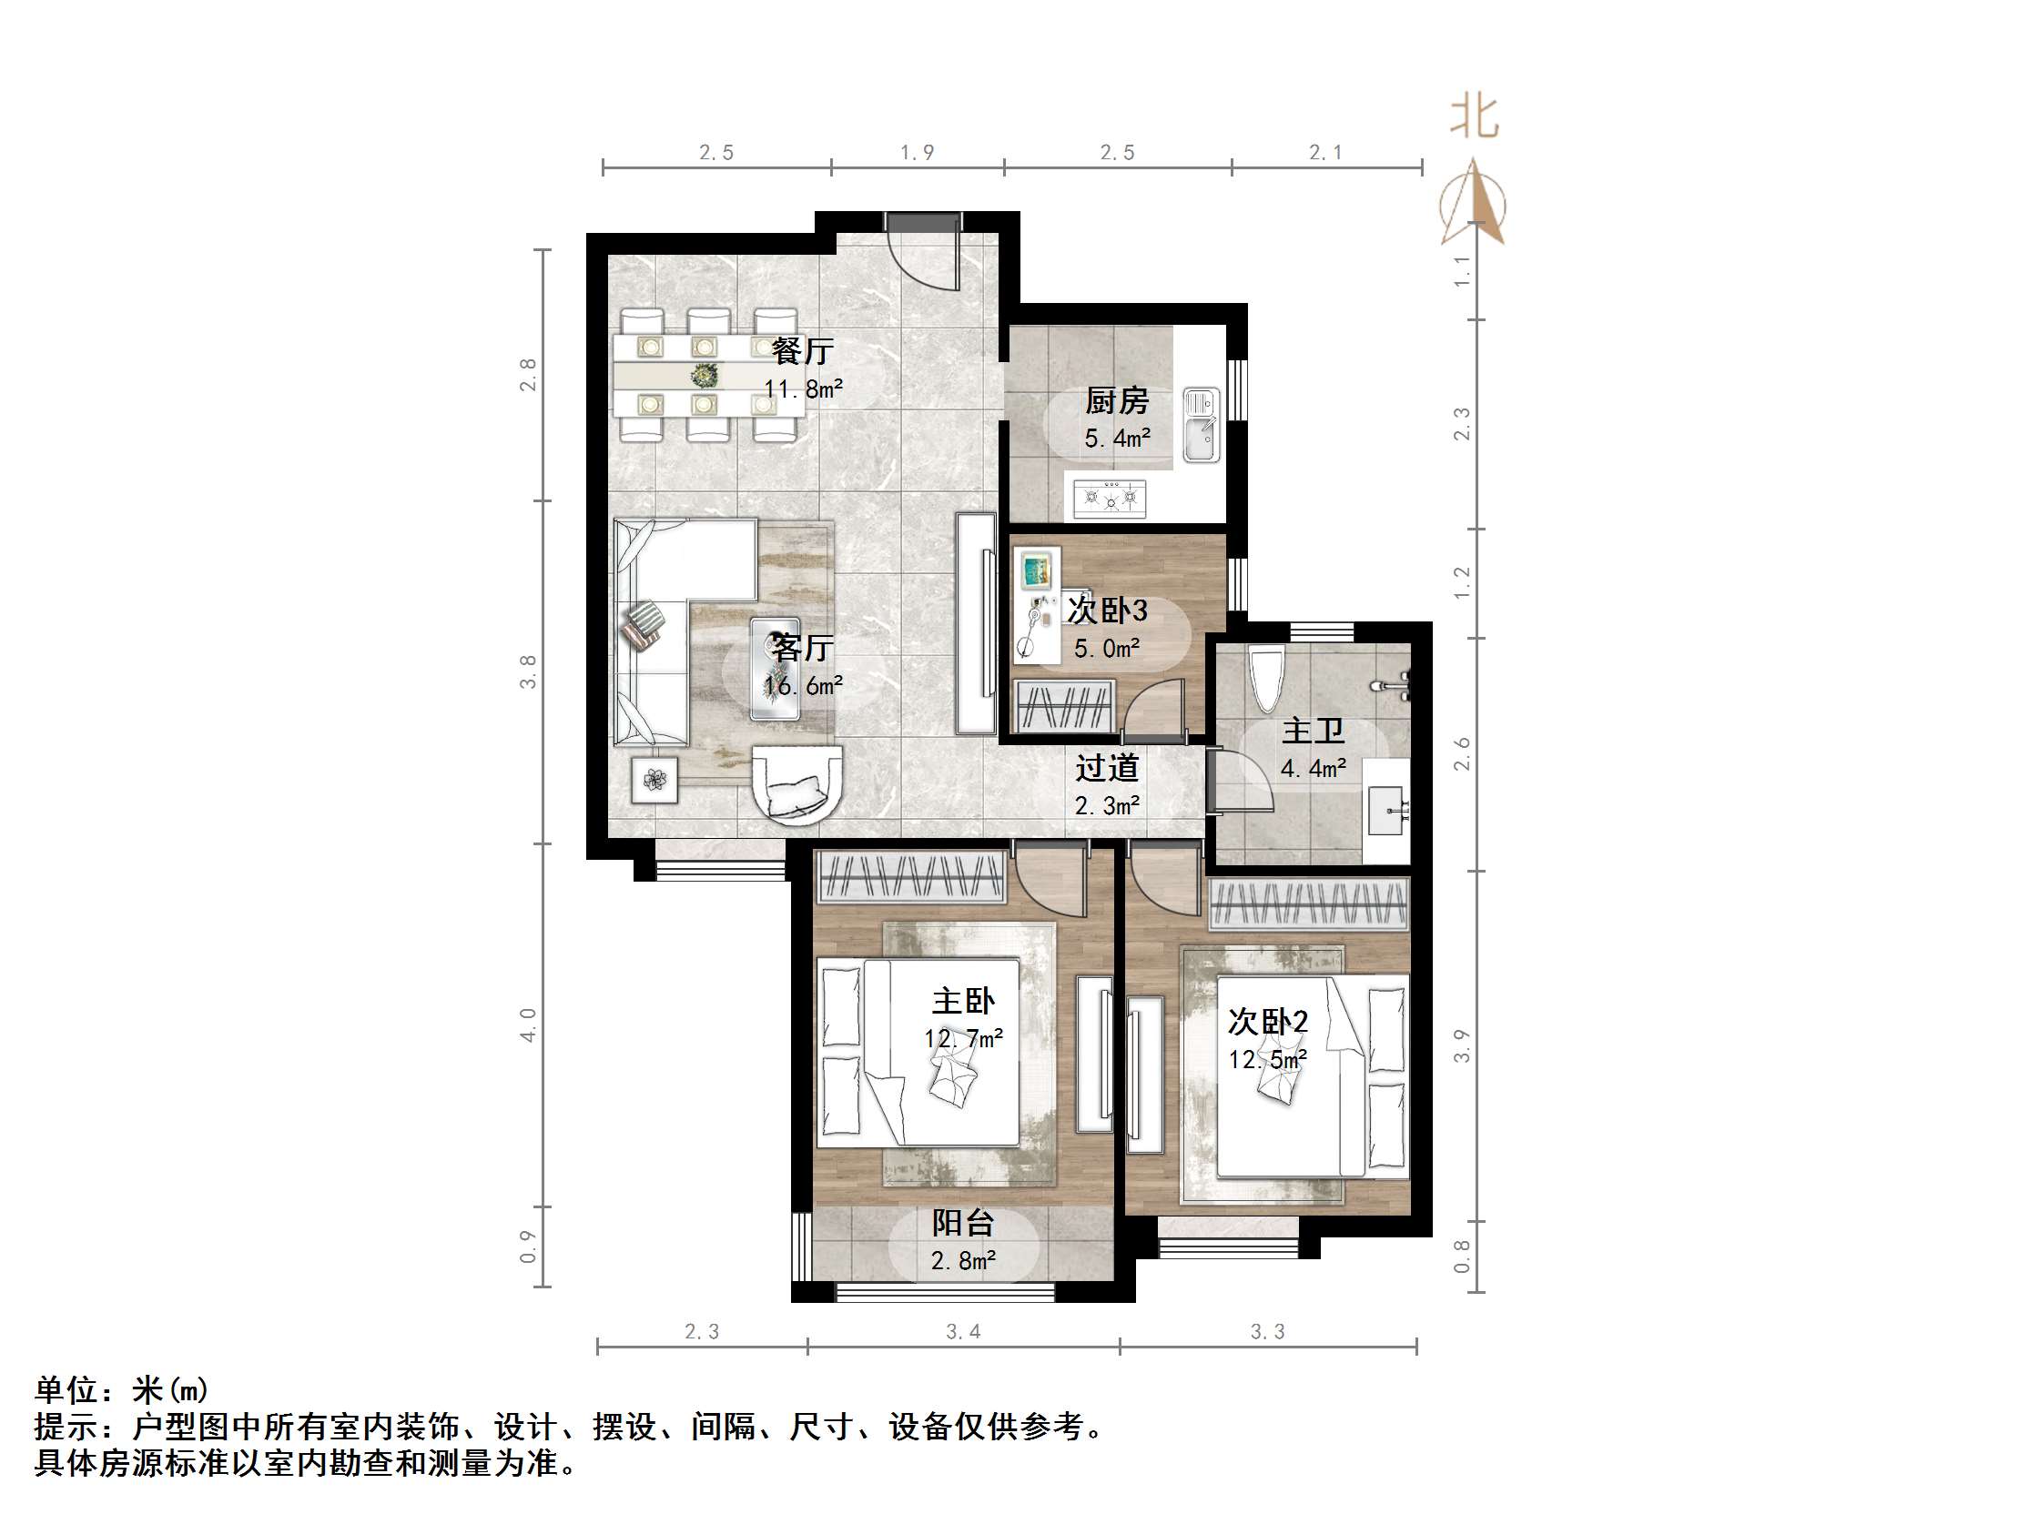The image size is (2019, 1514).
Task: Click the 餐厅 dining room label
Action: [x=802, y=351]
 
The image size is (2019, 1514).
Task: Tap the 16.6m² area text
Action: [x=802, y=686]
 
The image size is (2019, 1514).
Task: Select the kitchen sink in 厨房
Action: [x=1202, y=425]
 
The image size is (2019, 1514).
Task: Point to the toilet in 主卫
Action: [x=1266, y=679]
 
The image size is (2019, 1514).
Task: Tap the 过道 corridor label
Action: [x=1106, y=769]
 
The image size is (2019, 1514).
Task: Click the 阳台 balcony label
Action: [x=963, y=1223]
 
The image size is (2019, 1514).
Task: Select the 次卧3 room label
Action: [x=1107, y=611]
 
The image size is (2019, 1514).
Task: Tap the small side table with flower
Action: [x=654, y=780]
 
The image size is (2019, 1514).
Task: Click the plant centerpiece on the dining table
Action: [x=704, y=375]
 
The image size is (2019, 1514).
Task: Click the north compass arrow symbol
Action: [x=1472, y=206]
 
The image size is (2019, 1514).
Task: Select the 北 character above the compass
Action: [x=1474, y=118]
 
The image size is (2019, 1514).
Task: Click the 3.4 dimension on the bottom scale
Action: [x=963, y=1332]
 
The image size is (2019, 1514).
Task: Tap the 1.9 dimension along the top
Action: [x=918, y=154]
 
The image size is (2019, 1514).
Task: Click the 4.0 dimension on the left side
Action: [x=529, y=1024]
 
